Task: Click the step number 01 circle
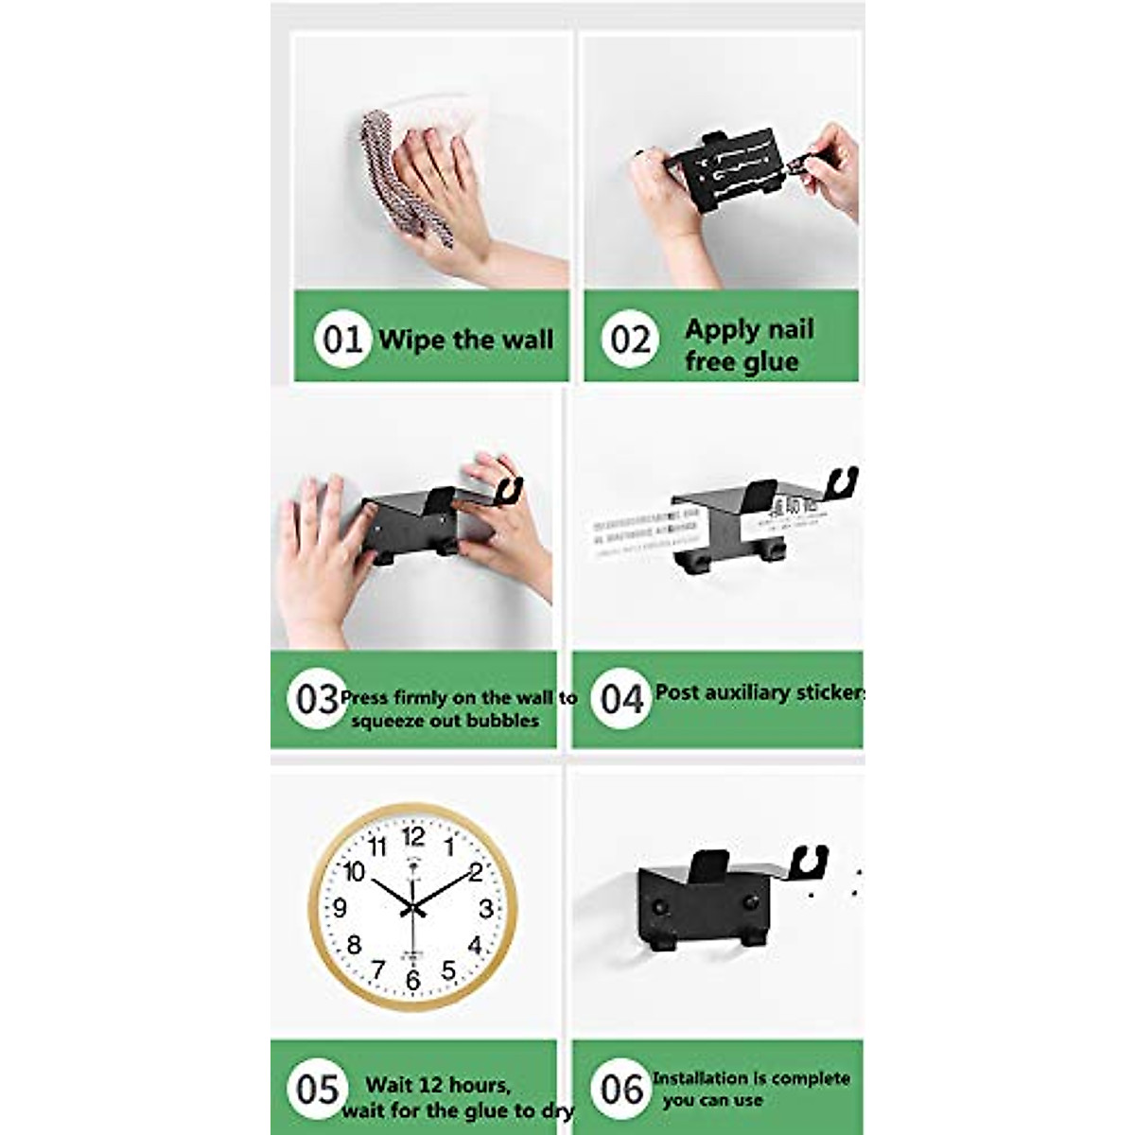(341, 338)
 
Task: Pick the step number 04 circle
(621, 699)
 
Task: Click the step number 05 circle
(317, 1089)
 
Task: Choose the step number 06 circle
(621, 1089)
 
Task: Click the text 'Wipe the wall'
(465, 340)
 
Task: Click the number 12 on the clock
(413, 836)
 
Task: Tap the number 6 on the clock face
(412, 981)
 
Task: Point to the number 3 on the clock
(485, 909)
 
